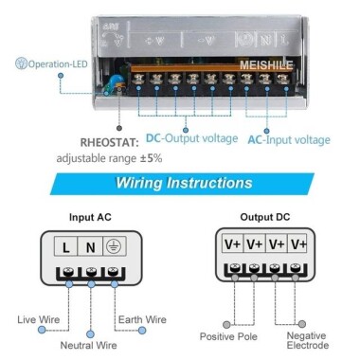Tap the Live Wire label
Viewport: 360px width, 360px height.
point(38,319)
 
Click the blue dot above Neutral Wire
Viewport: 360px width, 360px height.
point(91,332)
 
